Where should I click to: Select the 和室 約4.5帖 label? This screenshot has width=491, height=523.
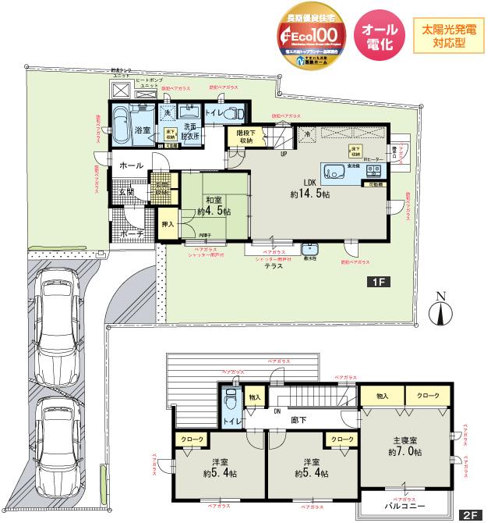(x=214, y=205)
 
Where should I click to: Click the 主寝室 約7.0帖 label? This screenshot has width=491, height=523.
(x=404, y=446)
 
